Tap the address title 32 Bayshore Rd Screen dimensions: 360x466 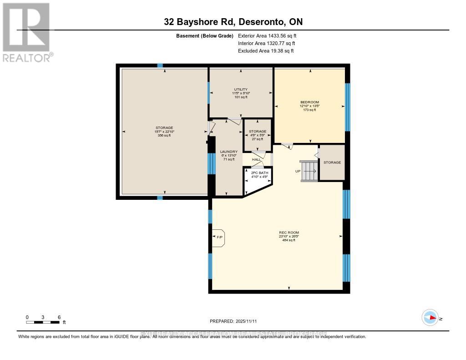233,22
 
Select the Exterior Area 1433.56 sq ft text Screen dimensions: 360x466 267,35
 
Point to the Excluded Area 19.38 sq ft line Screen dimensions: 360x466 266,51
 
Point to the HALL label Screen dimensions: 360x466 257,159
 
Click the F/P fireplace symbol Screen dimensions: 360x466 219,237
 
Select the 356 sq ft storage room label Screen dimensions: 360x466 164,132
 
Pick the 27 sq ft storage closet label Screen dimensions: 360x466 258,135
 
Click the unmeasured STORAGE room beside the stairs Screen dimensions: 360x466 332,162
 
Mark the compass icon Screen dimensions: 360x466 430,318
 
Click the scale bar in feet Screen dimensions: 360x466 43,322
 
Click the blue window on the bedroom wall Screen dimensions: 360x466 348,107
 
